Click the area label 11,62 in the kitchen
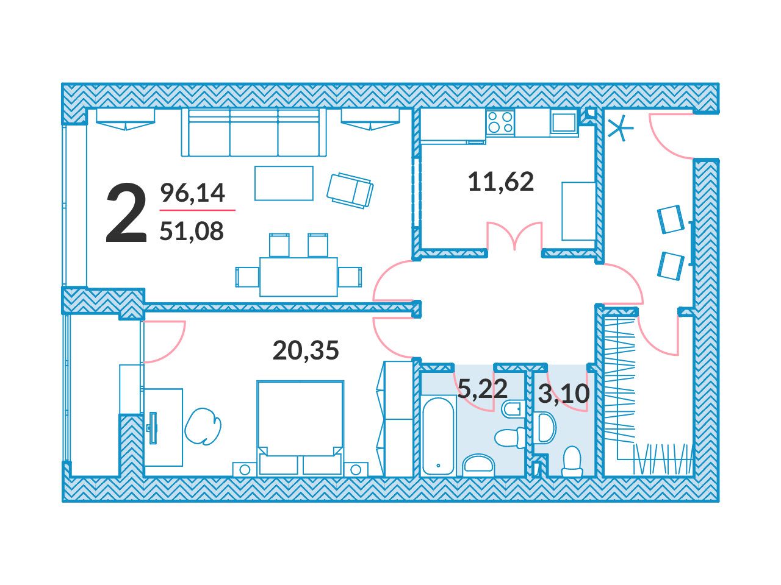point(501,182)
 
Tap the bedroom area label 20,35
point(306,350)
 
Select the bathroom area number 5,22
point(482,389)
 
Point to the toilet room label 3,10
point(564,394)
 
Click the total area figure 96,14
point(192,193)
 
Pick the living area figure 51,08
point(192,230)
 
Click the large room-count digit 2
point(126,213)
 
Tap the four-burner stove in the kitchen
point(500,122)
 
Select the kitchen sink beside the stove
point(564,122)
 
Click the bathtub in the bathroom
point(438,436)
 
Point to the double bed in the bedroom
point(300,428)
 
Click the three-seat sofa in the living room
point(254,132)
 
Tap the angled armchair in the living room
point(350,190)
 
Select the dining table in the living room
point(298,277)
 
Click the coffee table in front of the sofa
point(284,183)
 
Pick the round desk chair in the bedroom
point(203,425)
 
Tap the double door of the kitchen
point(514,235)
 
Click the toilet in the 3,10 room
point(572,461)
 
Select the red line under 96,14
point(198,210)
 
